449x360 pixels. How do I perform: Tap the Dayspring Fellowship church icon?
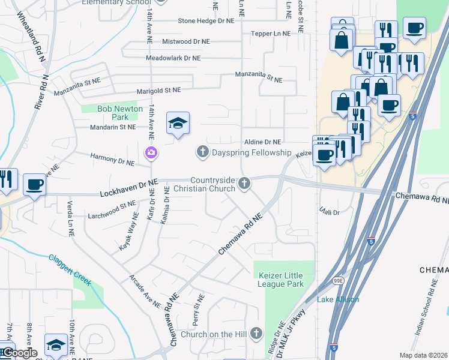point(202,152)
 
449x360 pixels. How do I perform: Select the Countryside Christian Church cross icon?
point(244,184)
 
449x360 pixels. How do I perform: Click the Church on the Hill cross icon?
point(256,333)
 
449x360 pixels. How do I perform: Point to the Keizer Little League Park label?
point(280,280)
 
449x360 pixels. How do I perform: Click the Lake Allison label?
point(338,299)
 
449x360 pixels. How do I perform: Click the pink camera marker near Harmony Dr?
point(150,154)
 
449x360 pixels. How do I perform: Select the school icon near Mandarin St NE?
point(178,124)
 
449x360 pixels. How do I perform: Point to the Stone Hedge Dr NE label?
point(206,21)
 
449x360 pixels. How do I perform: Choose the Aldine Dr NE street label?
point(262,142)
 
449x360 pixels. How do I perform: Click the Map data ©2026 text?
point(424,355)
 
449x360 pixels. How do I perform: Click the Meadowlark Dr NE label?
point(173,58)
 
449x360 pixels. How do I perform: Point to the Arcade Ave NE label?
point(144,292)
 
